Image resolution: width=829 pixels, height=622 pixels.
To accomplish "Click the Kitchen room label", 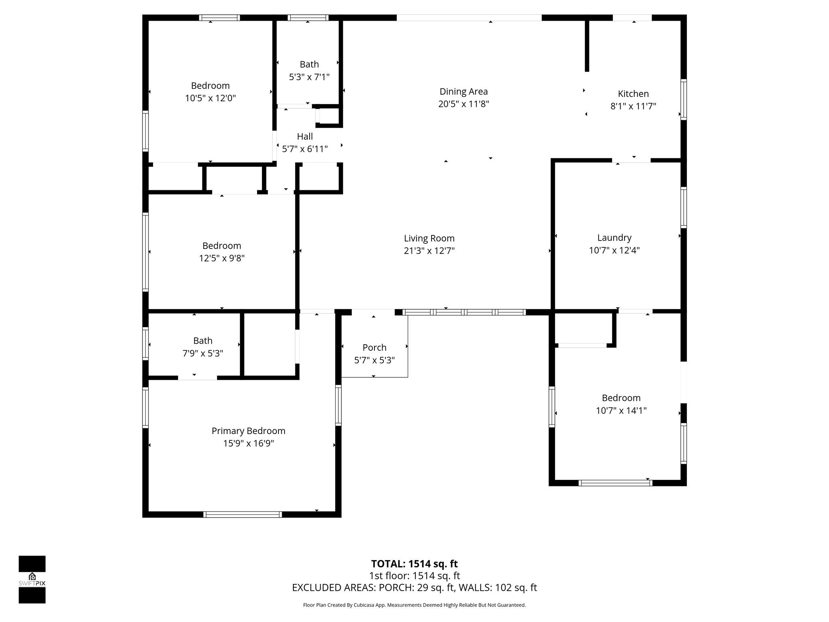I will click(x=633, y=94).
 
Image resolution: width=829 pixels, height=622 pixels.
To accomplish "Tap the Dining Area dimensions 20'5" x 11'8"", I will click(x=463, y=104).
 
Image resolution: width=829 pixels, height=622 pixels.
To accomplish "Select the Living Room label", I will click(x=429, y=238).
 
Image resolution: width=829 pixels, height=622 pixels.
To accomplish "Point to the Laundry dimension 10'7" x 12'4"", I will click(x=614, y=250).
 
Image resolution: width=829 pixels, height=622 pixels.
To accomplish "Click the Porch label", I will click(x=374, y=347).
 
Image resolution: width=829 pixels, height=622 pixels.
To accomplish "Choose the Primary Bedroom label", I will click(x=248, y=431).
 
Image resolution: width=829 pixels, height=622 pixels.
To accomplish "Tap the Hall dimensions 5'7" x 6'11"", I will click(x=304, y=149).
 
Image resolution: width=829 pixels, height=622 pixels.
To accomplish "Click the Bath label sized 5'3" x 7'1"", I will click(x=309, y=64).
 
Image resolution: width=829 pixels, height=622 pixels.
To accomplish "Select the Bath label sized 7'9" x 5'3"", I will click(x=202, y=341).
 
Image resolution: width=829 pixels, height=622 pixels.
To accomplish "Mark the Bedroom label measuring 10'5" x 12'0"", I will click(x=210, y=86).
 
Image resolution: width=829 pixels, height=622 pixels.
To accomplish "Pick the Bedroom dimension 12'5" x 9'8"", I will click(x=221, y=258).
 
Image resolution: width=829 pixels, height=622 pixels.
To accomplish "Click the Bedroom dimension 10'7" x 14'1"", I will click(x=621, y=411).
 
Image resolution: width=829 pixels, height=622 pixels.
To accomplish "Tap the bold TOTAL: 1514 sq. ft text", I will click(x=414, y=564).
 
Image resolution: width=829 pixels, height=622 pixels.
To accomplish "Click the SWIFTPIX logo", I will click(x=32, y=579).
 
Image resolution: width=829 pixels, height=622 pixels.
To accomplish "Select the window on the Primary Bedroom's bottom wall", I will click(x=242, y=515).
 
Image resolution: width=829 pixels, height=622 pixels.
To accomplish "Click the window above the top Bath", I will click(x=308, y=18).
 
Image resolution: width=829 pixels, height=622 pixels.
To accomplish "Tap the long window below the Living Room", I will click(x=464, y=312).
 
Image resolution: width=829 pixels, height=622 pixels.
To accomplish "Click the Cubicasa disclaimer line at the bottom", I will click(x=414, y=605).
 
